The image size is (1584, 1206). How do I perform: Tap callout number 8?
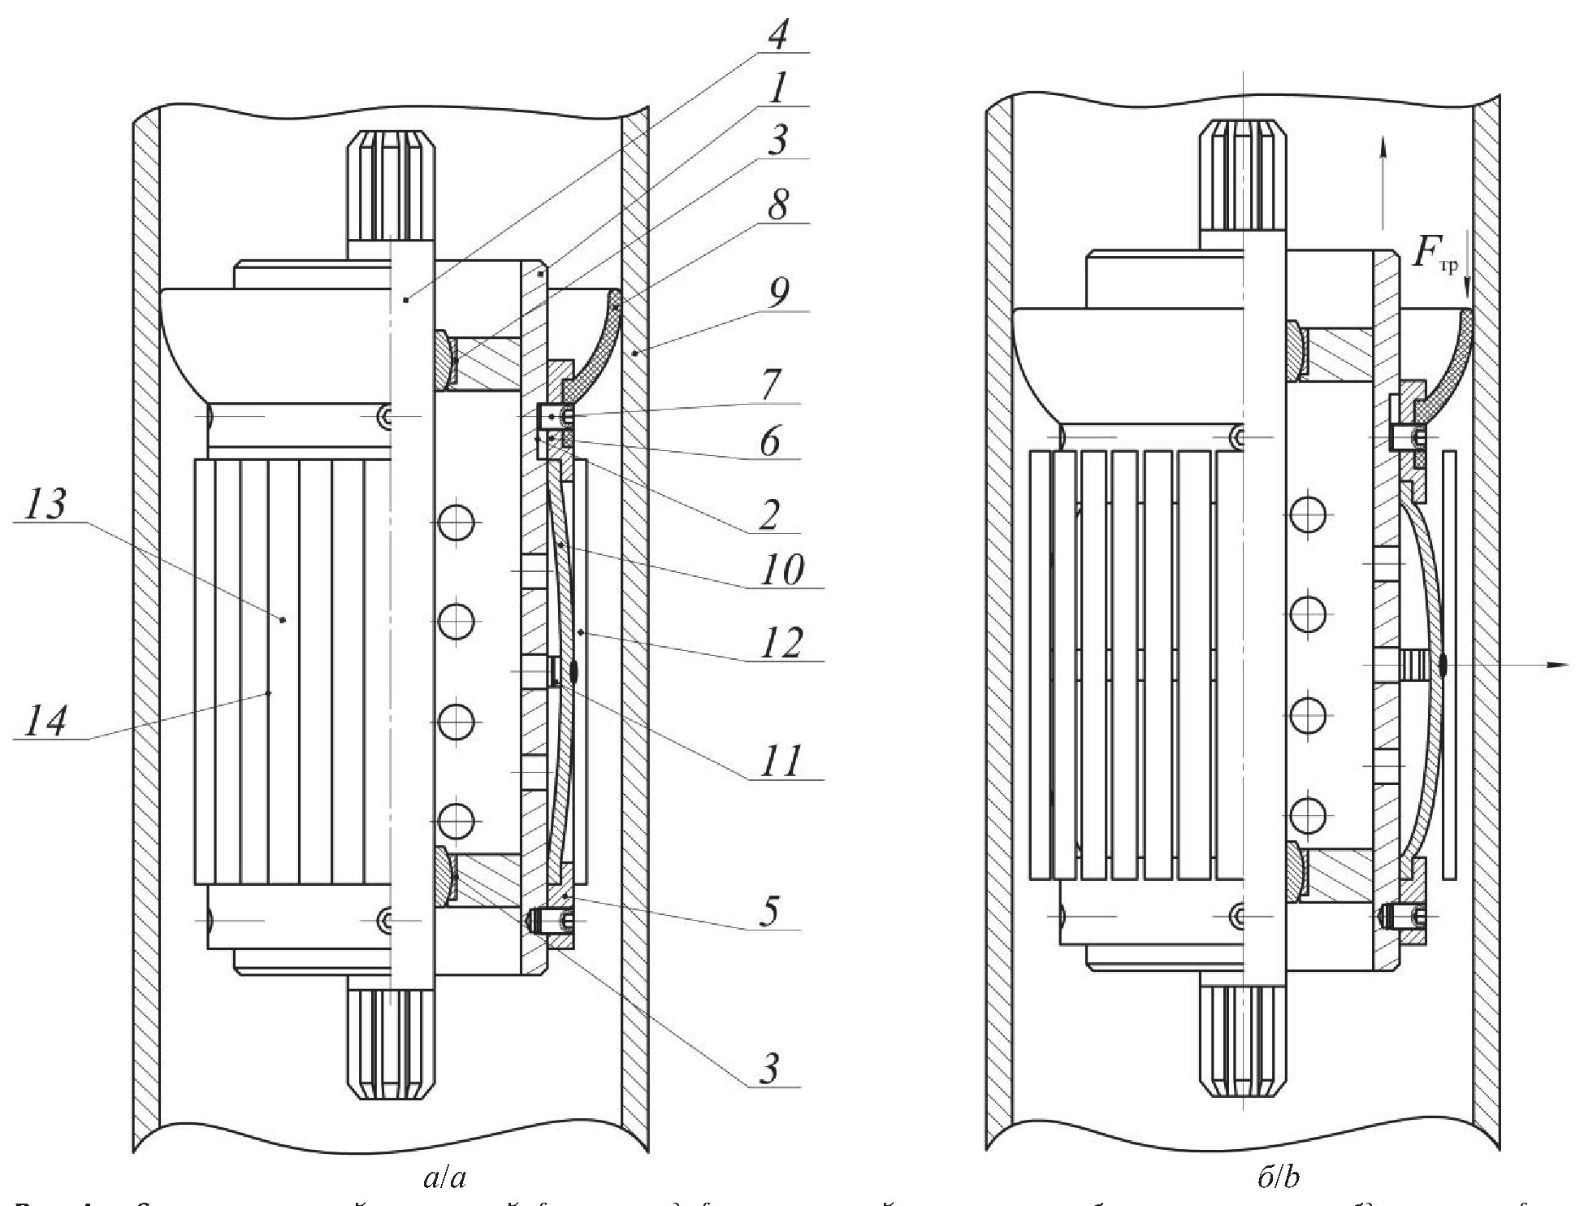(777, 204)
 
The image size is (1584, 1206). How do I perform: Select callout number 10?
(781, 570)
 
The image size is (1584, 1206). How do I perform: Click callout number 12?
(781, 644)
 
